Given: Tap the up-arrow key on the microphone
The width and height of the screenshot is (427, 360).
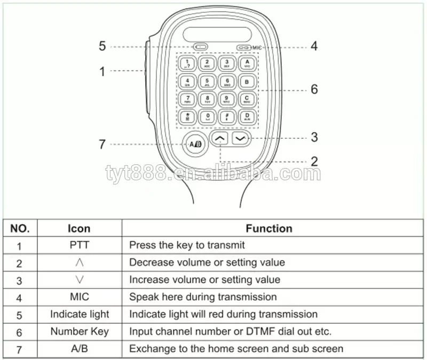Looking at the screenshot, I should [219, 138].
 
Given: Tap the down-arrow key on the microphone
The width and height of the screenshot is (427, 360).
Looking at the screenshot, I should [241, 138].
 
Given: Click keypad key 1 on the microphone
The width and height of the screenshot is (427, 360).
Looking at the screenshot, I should [188, 64].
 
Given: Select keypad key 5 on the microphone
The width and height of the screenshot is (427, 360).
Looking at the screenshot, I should [207, 82].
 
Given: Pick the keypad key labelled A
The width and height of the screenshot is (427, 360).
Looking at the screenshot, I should [247, 64].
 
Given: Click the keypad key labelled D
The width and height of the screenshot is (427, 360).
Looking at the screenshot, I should [247, 116].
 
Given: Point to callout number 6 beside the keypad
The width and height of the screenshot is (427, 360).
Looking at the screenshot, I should [314, 89].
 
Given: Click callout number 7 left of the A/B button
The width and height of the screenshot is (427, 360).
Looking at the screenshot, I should [102, 144].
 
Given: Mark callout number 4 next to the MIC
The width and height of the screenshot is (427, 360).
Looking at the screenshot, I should [314, 46].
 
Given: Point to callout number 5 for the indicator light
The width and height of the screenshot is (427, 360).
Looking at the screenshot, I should [102, 46].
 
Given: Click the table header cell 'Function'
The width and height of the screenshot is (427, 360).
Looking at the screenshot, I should [269, 229].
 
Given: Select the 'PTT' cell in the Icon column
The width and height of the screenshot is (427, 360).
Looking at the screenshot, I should [79, 245].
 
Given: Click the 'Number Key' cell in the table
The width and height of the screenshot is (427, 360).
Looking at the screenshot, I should [79, 331].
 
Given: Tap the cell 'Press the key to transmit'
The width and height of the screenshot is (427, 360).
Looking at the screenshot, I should [187, 245].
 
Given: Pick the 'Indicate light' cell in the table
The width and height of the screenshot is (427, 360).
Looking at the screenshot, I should [79, 314].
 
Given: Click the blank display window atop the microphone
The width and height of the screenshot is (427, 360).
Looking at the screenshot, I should [217, 34].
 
